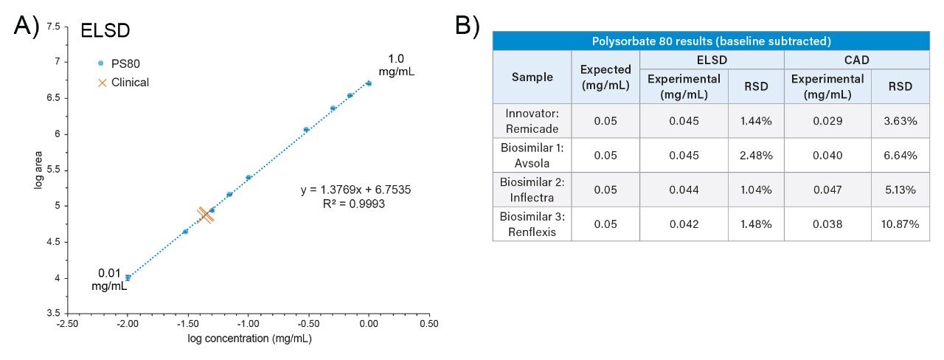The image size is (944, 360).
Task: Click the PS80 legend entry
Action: [122, 63]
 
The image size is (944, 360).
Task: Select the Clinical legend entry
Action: [123, 83]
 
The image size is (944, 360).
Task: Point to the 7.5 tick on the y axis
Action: [52, 26]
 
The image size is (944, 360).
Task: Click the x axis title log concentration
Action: [249, 338]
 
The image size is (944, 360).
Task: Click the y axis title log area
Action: [38, 169]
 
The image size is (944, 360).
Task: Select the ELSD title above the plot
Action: [105, 31]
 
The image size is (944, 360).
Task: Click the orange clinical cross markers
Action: [206, 215]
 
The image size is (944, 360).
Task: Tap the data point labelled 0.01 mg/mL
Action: [128, 277]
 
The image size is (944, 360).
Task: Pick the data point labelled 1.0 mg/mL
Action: [369, 83]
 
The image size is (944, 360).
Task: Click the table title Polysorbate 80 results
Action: [711, 41]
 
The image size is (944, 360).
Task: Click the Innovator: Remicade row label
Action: [532, 120]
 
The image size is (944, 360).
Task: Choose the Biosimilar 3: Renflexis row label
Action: [532, 224]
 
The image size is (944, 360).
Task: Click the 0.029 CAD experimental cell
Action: [827, 120]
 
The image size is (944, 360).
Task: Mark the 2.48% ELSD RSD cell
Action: [756, 155]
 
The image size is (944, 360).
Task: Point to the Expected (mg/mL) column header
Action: [605, 77]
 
